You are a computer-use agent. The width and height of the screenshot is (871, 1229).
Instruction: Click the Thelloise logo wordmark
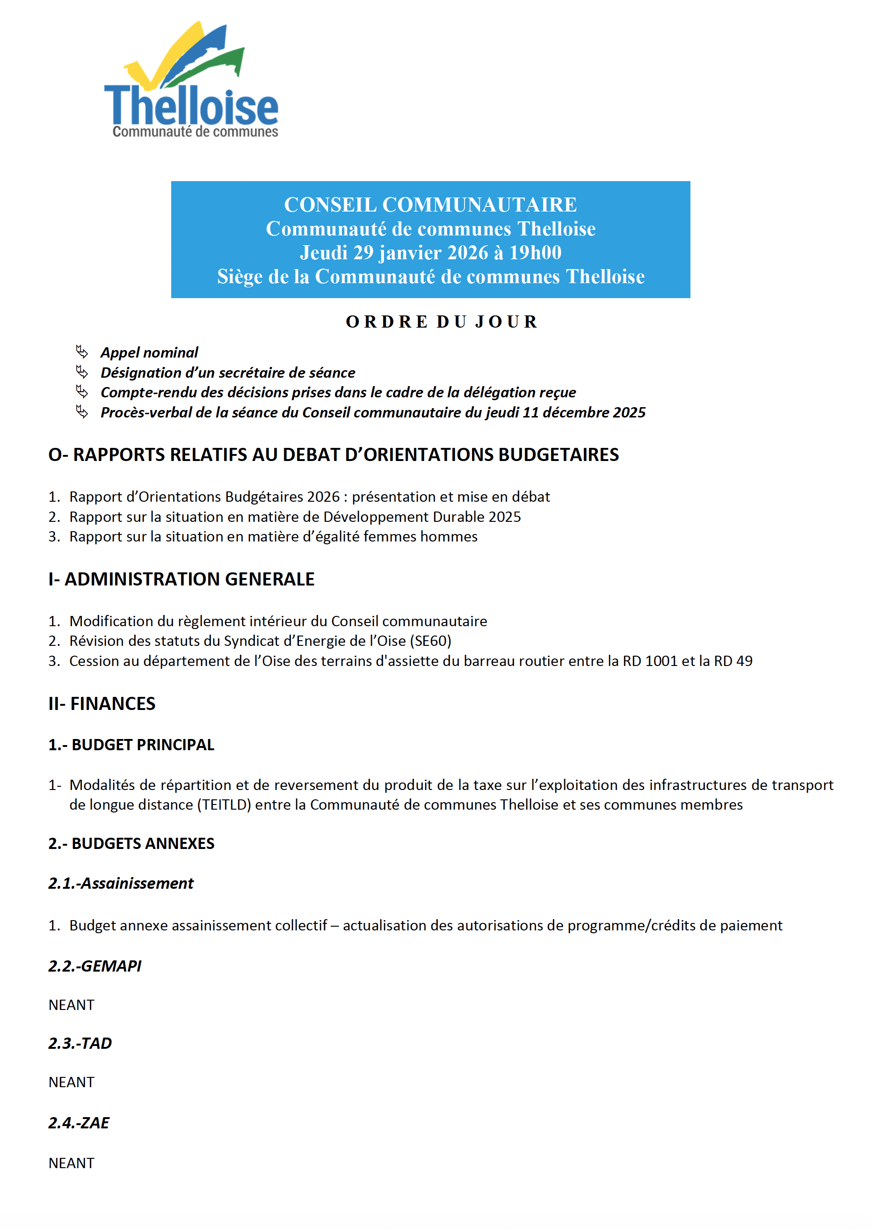191,106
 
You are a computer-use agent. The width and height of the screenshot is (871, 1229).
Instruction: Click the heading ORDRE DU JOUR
442,322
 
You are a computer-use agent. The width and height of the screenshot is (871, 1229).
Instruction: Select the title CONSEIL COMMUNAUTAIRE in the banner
430,205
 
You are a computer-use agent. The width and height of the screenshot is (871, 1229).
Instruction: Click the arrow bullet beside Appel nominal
82,352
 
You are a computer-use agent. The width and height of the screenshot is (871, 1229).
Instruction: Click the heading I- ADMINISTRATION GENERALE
181,579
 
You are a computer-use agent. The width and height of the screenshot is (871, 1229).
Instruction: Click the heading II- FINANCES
102,704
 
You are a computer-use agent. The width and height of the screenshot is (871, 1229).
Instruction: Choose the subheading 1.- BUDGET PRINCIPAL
131,745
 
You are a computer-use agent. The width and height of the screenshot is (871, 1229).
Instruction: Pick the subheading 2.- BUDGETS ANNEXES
131,844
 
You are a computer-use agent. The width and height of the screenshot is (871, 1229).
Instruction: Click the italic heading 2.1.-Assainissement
121,884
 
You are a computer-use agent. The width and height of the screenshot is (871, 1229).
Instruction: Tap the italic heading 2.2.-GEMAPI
95,966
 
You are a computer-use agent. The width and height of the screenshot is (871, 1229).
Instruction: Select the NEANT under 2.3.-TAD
71,1083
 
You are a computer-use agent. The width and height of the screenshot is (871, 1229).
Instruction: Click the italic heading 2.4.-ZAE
79,1123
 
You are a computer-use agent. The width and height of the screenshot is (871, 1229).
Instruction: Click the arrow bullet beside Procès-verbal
82,412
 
